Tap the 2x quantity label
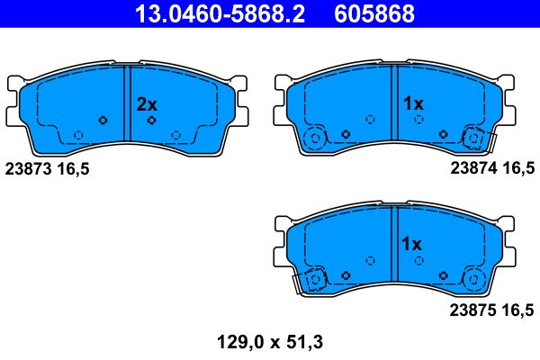point(146,104)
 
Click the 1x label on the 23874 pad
point(412,104)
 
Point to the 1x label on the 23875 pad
point(412,244)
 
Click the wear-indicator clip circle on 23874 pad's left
point(315,139)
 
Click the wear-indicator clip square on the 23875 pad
point(316,281)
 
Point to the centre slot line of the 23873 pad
point(130,103)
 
